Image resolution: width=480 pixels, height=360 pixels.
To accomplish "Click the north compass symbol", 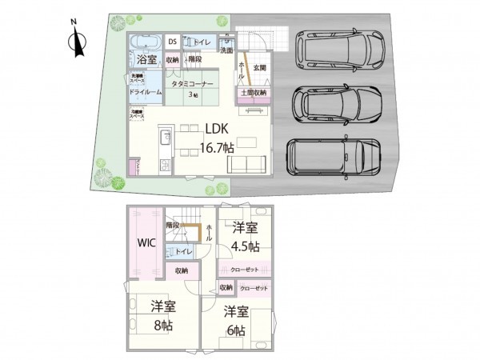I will click(77, 41).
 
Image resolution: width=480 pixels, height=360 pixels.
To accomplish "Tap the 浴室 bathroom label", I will click(146, 61).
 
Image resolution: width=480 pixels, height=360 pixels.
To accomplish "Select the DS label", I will click(172, 42).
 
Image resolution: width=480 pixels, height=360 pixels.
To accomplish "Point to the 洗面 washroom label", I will click(226, 50).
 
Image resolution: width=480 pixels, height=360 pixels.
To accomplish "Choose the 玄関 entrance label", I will click(259, 67).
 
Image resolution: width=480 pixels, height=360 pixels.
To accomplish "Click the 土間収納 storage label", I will click(254, 93).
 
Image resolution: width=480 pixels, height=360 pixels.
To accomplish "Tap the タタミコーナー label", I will click(193, 82).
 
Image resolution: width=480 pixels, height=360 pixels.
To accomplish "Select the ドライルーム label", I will click(146, 92).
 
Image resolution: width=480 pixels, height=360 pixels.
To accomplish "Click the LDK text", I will click(217, 129).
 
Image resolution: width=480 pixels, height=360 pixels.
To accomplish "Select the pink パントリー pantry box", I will click(134, 168).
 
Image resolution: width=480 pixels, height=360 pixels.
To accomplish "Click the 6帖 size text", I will click(235, 328).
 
